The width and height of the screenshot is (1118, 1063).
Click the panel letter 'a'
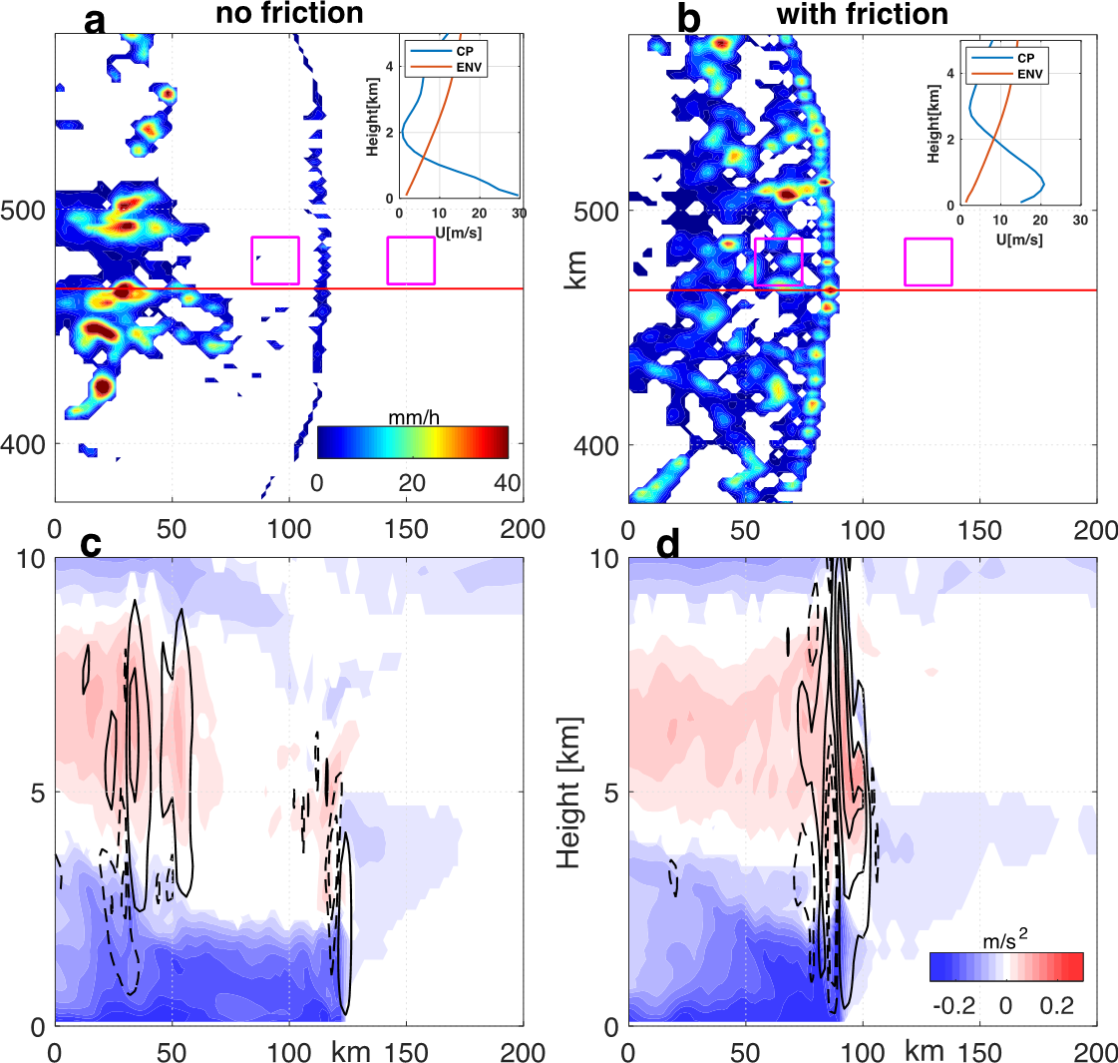click(x=95, y=18)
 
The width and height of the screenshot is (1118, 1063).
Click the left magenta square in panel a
click(x=275, y=261)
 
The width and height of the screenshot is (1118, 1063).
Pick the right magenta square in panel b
click(x=929, y=263)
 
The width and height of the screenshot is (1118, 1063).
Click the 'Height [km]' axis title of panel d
click(x=569, y=791)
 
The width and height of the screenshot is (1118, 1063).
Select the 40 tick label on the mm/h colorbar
click(x=507, y=483)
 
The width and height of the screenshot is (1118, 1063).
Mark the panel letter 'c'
click(x=93, y=547)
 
